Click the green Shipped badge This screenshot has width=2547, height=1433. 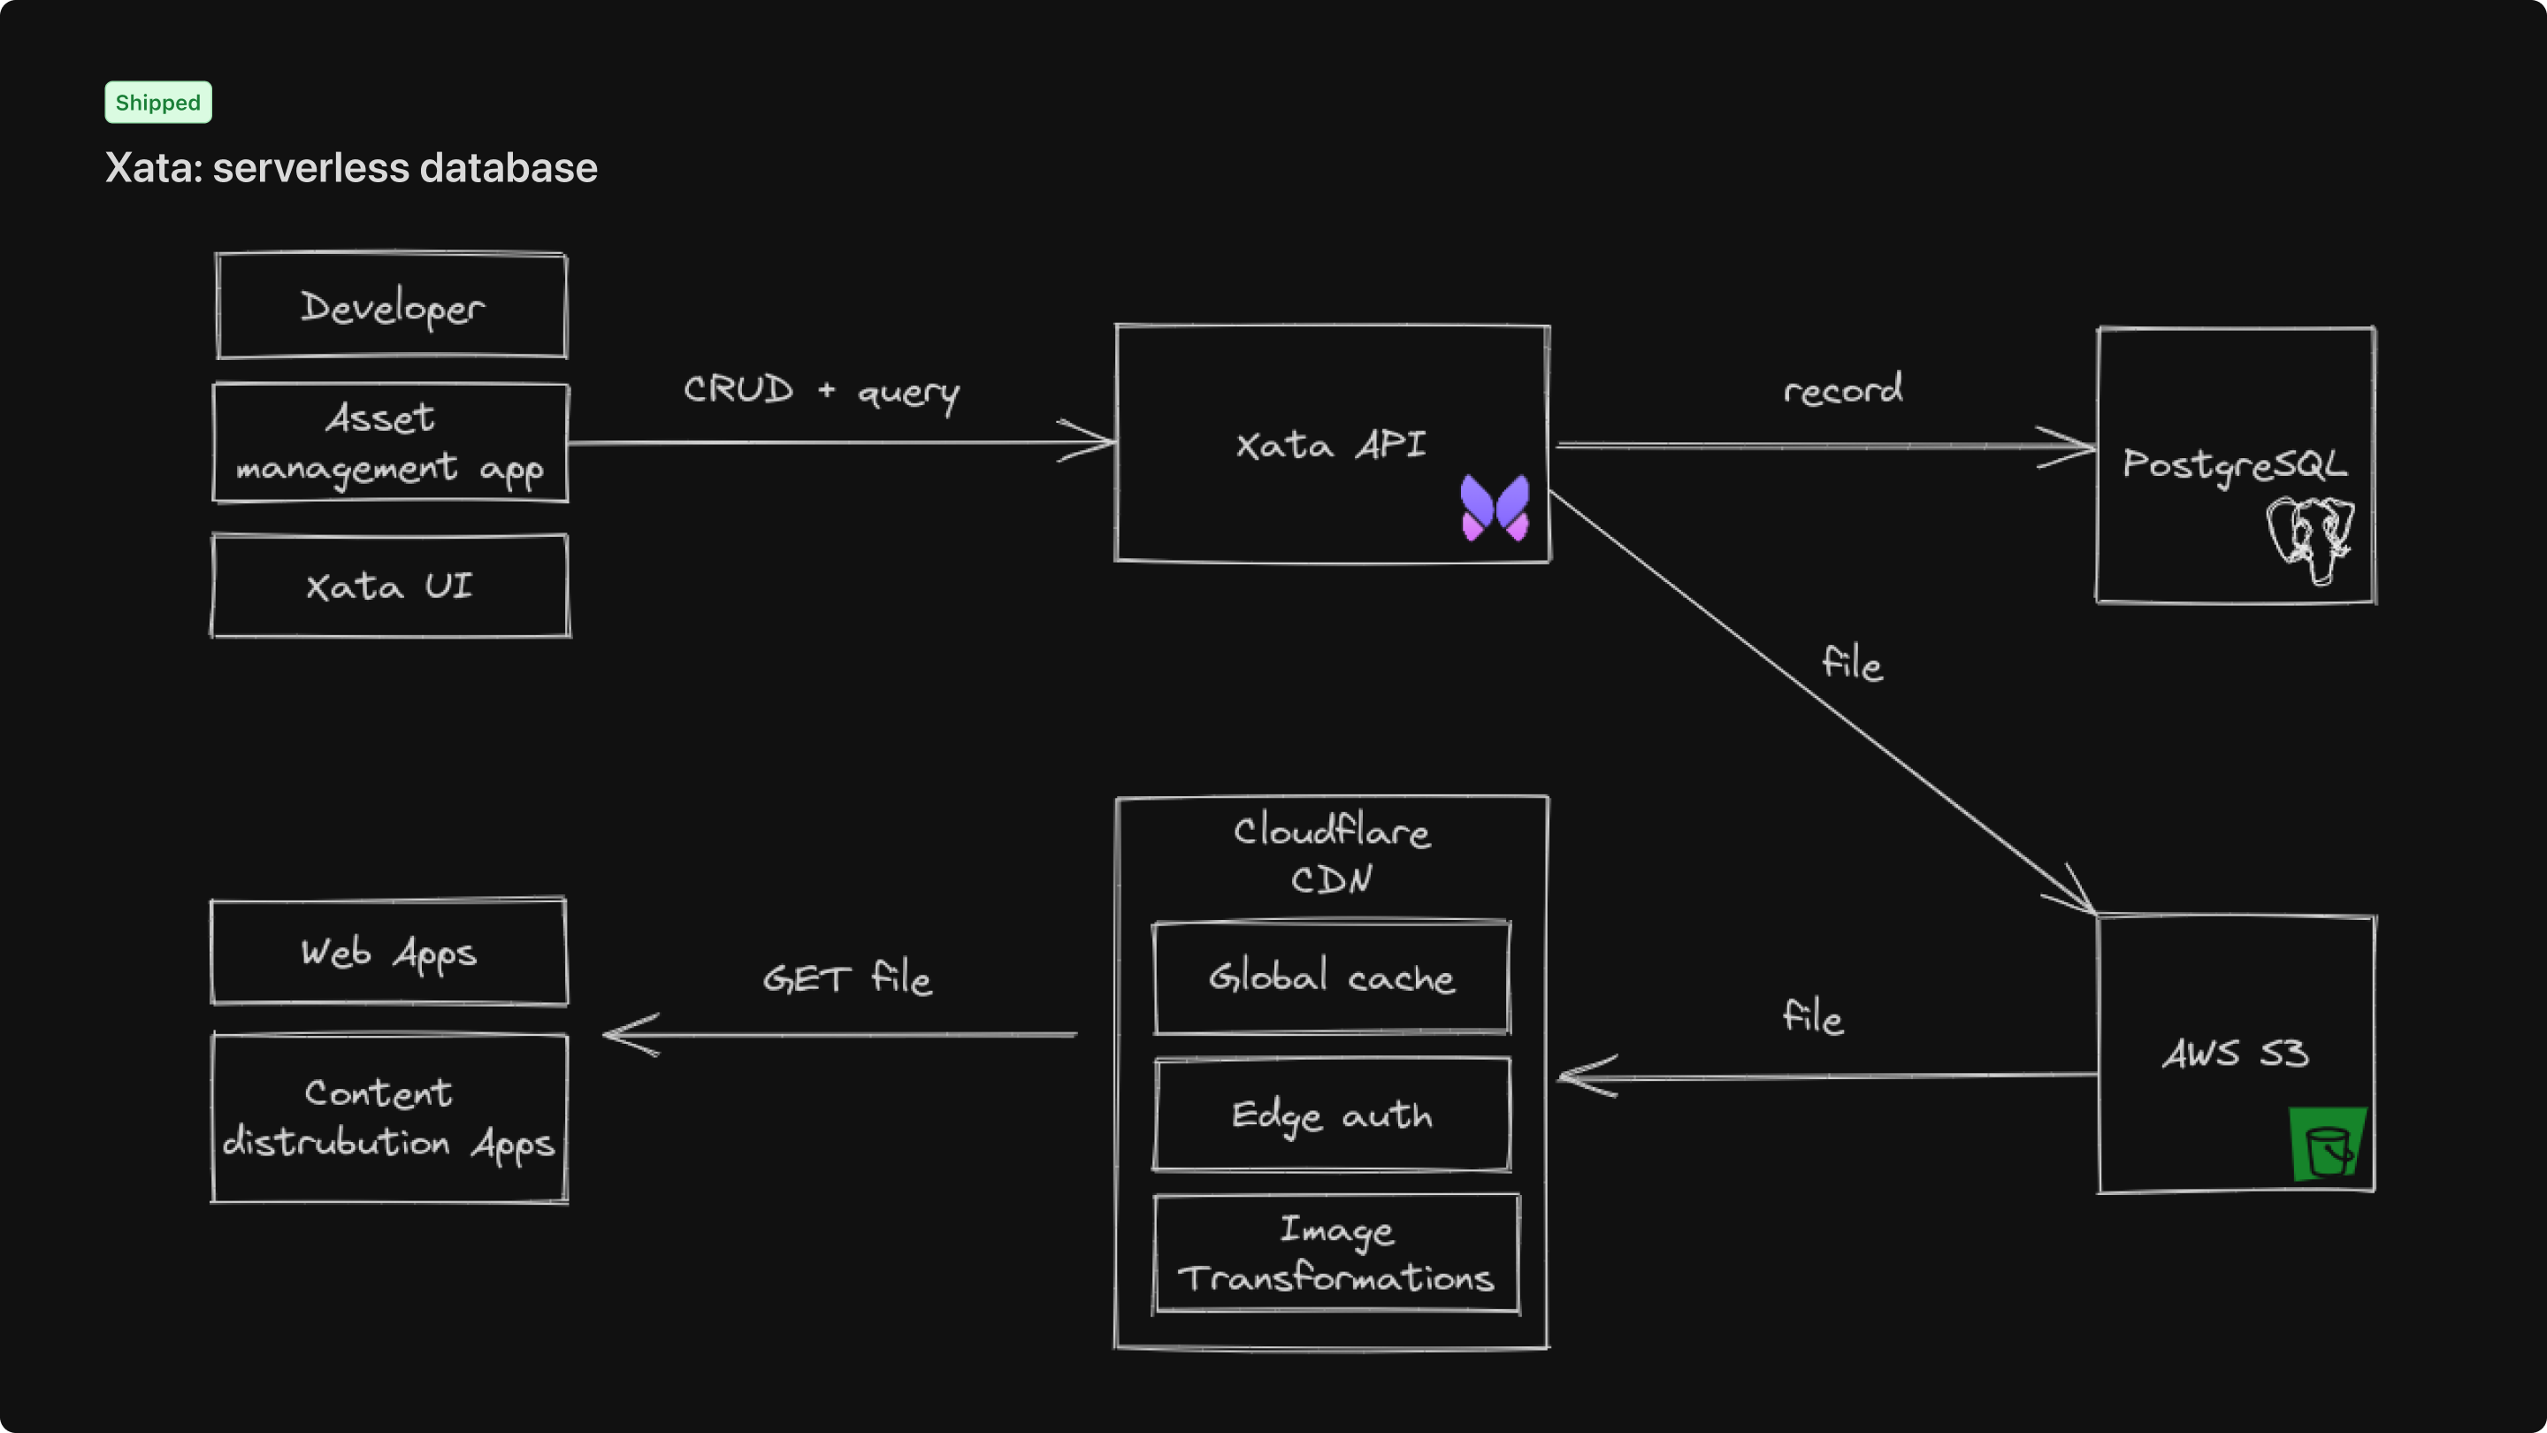click(158, 103)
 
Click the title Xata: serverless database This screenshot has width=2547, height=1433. click(351, 168)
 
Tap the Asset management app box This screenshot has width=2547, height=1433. click(391, 443)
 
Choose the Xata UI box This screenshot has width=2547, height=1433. click(391, 586)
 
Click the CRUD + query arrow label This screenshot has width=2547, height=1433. click(821, 391)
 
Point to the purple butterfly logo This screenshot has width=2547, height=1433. click(1495, 508)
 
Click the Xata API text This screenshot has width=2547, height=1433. click(1330, 445)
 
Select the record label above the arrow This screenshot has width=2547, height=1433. click(1842, 389)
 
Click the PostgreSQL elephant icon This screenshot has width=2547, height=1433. click(2311, 539)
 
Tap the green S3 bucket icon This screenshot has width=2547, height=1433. click(2328, 1145)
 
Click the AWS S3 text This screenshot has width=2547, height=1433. click(2235, 1054)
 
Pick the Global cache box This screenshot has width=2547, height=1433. click(1332, 978)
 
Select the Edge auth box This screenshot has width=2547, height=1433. click(1332, 1115)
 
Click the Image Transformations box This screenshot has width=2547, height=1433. click(1335, 1254)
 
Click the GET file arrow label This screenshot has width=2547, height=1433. click(846, 978)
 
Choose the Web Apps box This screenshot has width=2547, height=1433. click(389, 953)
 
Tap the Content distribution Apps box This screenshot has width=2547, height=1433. click(389, 1118)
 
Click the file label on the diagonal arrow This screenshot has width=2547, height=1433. click(1852, 663)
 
